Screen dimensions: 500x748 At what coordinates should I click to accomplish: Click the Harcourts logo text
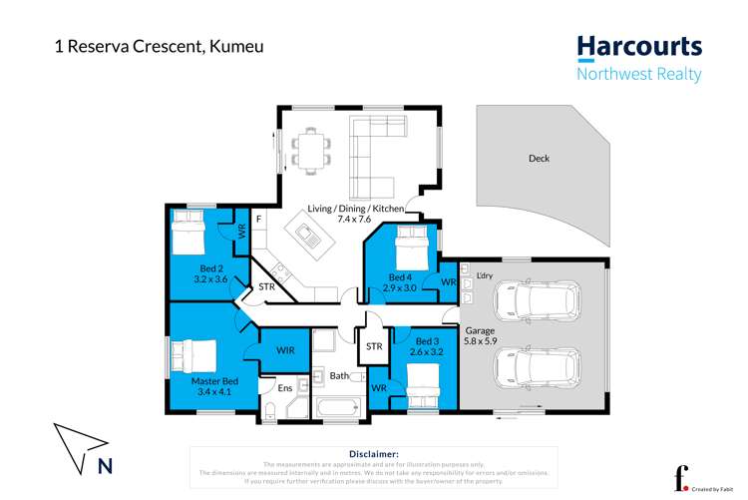[639, 47]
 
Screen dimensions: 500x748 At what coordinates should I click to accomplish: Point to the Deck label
[539, 158]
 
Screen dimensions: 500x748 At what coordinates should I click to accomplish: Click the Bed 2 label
[209, 273]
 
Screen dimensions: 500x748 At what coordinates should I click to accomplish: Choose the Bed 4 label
[399, 282]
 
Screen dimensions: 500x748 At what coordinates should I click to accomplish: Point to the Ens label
[284, 387]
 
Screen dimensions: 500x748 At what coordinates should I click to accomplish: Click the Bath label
[339, 376]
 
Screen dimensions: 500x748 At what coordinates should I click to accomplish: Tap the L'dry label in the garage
[486, 274]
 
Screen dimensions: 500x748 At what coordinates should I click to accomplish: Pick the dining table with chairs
[310, 149]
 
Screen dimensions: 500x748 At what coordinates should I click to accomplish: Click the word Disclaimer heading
[374, 453]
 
